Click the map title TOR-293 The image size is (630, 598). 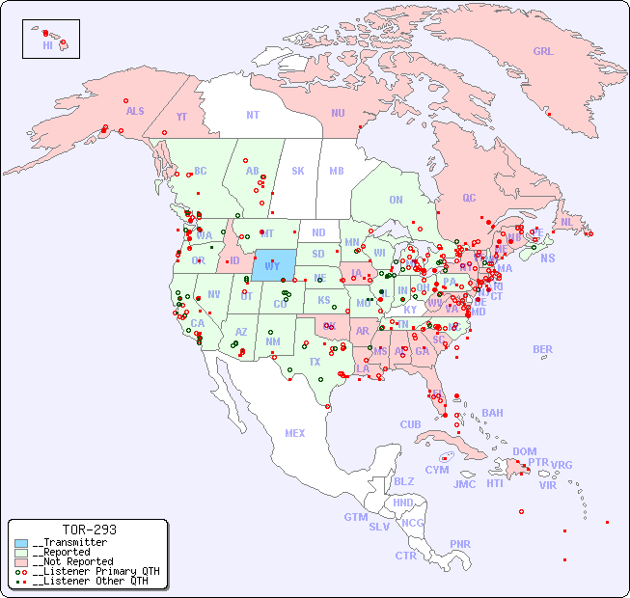pyautogui.click(x=89, y=530)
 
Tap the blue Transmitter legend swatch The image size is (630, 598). pyautogui.click(x=21, y=543)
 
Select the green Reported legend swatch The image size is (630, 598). pyautogui.click(x=21, y=553)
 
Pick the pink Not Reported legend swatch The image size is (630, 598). pyautogui.click(x=21, y=562)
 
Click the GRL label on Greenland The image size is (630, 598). pyautogui.click(x=543, y=52)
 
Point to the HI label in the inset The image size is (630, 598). pyautogui.click(x=48, y=45)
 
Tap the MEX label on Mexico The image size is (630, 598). pyautogui.click(x=295, y=433)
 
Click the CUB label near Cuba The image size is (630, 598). pyautogui.click(x=410, y=424)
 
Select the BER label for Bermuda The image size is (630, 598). pyautogui.click(x=543, y=349)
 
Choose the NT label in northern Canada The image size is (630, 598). pyautogui.click(x=253, y=114)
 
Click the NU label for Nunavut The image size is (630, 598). pyautogui.click(x=338, y=113)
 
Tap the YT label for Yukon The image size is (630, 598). pyautogui.click(x=181, y=117)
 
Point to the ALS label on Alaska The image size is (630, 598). pyautogui.click(x=135, y=111)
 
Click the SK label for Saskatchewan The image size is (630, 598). pyautogui.click(x=298, y=171)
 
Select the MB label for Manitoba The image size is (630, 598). pyautogui.click(x=337, y=171)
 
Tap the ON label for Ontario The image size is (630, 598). pyautogui.click(x=396, y=200)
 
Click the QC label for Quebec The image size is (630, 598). pyautogui.click(x=469, y=198)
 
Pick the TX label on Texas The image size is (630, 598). pyautogui.click(x=315, y=362)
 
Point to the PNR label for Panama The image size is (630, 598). pyautogui.click(x=460, y=544)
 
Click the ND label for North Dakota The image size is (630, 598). pyautogui.click(x=318, y=232)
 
